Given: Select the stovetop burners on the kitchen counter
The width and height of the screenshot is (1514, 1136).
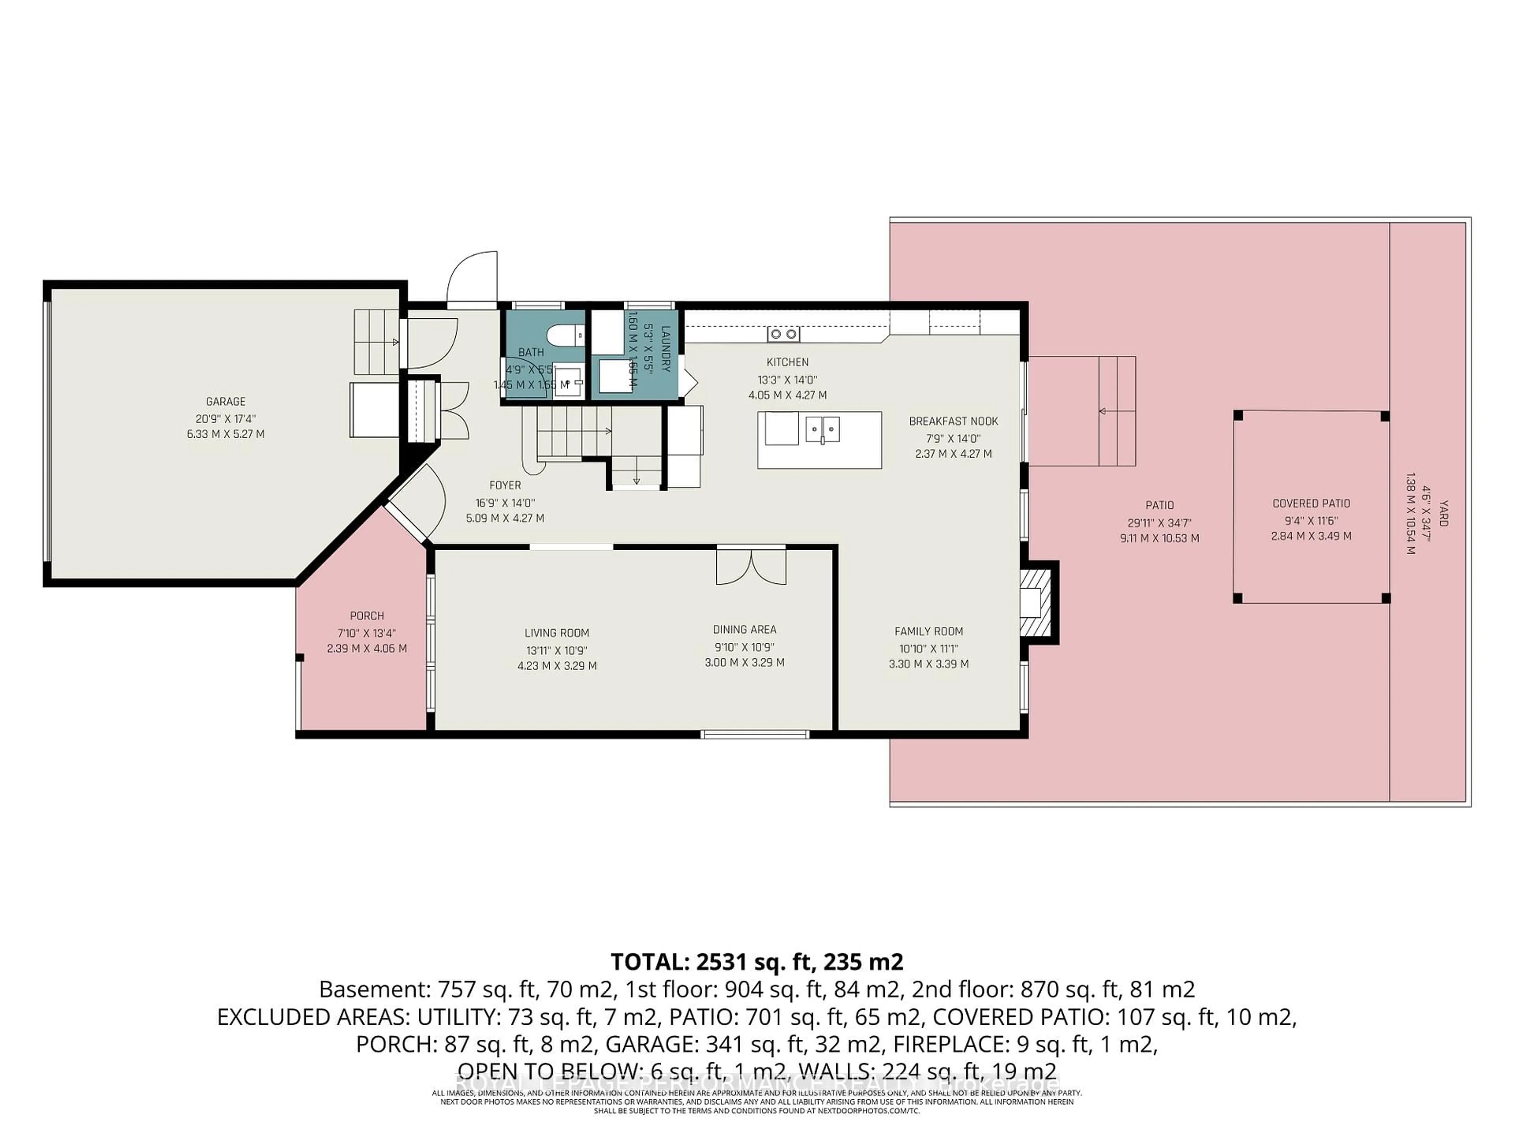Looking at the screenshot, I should pos(783,334).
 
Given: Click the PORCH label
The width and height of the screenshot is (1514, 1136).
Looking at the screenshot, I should pos(367,616).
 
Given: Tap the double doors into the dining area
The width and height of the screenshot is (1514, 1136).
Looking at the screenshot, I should pos(751,566).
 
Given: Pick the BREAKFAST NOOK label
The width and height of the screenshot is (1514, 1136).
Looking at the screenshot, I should pos(953,421).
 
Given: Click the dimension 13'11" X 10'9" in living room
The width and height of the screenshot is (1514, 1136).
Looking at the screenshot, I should pos(556,650).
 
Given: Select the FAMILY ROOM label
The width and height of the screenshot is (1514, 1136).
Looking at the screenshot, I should pos(929,632).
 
